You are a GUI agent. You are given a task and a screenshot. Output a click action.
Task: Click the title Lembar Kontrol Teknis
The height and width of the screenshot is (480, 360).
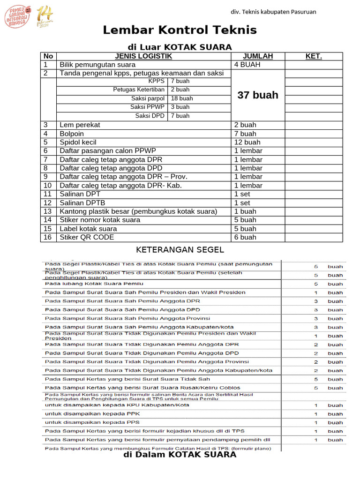click(x=180, y=30)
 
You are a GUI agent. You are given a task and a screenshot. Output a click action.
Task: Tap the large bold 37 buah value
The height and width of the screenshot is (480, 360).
click(x=258, y=95)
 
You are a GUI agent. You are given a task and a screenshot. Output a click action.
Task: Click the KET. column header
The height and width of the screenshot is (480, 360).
click(x=314, y=56)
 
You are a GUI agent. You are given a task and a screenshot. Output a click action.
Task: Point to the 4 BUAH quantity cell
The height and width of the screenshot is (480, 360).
click(x=247, y=65)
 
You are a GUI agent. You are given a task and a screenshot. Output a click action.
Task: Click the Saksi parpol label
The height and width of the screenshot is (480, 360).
click(x=147, y=98)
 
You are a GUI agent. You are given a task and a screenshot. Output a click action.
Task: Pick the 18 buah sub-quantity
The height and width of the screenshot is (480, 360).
click(x=181, y=98)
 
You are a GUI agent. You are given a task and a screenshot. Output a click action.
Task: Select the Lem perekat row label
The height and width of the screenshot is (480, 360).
click(x=80, y=125)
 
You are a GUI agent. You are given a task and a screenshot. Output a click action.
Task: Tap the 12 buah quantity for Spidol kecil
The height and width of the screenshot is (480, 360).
click(x=247, y=142)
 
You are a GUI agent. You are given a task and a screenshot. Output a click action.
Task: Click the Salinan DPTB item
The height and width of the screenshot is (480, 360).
click(x=82, y=203)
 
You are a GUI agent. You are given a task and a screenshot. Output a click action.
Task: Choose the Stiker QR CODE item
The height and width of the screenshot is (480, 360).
click(x=87, y=237)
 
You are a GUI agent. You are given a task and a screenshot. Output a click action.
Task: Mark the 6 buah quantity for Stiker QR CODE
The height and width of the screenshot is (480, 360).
click(x=245, y=237)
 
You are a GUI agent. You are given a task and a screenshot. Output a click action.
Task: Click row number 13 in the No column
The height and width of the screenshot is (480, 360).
click(x=47, y=211)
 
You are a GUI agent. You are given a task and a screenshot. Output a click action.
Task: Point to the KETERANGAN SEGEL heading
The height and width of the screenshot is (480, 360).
click(x=180, y=250)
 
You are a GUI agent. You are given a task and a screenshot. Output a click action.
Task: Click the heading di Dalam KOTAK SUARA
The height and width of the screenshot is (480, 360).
click(x=180, y=455)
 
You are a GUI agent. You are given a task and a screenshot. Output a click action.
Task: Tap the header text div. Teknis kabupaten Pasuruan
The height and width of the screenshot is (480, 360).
click(x=274, y=12)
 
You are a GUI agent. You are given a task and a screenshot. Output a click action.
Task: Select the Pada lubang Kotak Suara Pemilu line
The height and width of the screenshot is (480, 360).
click(x=94, y=284)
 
